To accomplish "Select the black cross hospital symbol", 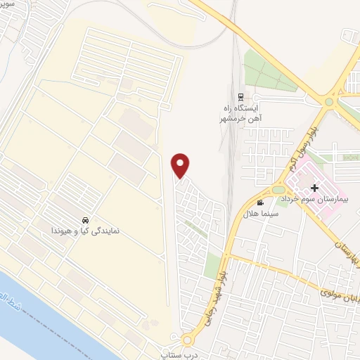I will (x=314, y=188).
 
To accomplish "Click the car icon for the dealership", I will (x=85, y=219).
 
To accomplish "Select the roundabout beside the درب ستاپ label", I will (x=187, y=340).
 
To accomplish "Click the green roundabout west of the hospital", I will (x=279, y=189).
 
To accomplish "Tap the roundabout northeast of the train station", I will (x=329, y=103).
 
